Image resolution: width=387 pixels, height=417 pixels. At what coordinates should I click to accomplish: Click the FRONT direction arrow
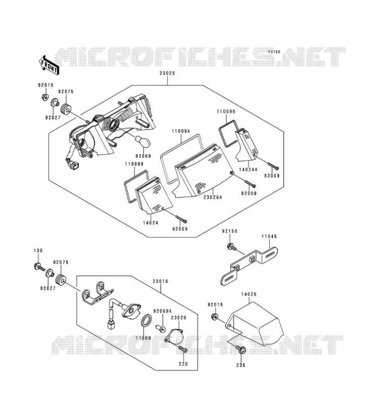point(49,65)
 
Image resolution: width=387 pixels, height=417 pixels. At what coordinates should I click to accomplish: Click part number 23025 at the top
point(167,73)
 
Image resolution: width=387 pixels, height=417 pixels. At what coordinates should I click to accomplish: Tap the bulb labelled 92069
point(143,141)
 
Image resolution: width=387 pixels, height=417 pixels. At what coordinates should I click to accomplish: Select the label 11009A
point(181,131)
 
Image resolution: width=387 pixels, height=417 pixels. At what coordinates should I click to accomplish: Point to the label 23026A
point(212,198)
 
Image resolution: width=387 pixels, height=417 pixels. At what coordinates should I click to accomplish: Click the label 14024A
point(248,169)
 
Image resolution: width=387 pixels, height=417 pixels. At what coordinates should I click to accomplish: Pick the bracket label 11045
point(269,236)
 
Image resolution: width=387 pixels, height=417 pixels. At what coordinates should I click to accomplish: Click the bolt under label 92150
point(231,247)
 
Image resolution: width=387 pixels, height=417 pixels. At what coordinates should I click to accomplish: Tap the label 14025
point(249,294)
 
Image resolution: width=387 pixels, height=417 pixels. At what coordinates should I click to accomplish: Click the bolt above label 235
point(241,350)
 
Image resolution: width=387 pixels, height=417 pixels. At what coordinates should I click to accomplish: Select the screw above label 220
point(183,349)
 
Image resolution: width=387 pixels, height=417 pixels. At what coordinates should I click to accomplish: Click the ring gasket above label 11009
point(146,320)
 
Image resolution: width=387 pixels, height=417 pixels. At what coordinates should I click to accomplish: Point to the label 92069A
point(162,311)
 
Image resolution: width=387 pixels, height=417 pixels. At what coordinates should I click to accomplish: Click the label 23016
point(161,281)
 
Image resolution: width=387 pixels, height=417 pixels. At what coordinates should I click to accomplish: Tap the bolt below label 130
point(40,266)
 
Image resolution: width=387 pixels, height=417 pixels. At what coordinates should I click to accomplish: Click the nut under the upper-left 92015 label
point(45,97)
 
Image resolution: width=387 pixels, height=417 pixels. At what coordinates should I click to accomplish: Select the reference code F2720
point(274,52)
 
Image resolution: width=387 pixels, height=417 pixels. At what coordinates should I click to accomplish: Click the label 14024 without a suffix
point(150,223)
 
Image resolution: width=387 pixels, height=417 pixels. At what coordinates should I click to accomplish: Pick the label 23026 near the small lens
point(178,317)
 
